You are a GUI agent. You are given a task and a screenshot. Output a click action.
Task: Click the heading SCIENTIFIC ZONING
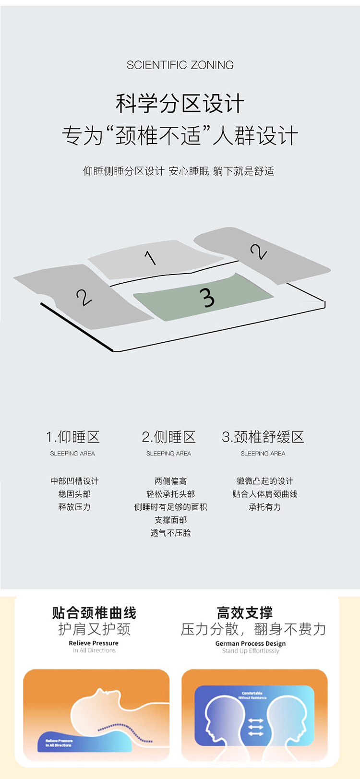(x=180, y=65)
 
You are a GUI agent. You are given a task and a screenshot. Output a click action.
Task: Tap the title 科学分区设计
(x=180, y=104)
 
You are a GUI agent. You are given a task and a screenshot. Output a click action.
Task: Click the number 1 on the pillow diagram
(x=151, y=258)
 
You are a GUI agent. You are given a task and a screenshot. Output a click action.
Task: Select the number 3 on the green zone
(x=207, y=297)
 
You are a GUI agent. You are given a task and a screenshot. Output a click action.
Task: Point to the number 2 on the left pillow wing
(x=84, y=298)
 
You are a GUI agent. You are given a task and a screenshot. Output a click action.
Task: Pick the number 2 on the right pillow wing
(x=258, y=251)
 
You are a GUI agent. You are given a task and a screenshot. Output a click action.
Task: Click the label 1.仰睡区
(x=73, y=437)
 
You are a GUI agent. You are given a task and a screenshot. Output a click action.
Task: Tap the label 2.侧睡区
(x=168, y=437)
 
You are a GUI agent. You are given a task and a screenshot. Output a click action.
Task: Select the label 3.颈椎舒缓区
(x=263, y=437)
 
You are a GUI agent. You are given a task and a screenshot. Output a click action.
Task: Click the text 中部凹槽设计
(x=74, y=481)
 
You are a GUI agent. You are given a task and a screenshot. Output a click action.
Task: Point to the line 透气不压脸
(x=170, y=533)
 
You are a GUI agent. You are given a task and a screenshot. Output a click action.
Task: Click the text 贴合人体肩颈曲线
(x=265, y=494)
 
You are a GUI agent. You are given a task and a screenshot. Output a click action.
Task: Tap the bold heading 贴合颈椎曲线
(x=94, y=613)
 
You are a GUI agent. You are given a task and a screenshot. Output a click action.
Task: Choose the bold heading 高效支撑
(x=245, y=613)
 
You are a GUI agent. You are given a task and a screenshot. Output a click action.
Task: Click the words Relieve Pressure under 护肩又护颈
(x=94, y=643)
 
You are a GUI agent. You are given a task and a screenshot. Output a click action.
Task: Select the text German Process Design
(x=250, y=644)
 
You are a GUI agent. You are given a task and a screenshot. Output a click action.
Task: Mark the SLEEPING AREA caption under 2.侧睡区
(x=168, y=454)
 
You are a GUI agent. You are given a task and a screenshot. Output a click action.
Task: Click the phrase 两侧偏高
(x=170, y=481)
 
